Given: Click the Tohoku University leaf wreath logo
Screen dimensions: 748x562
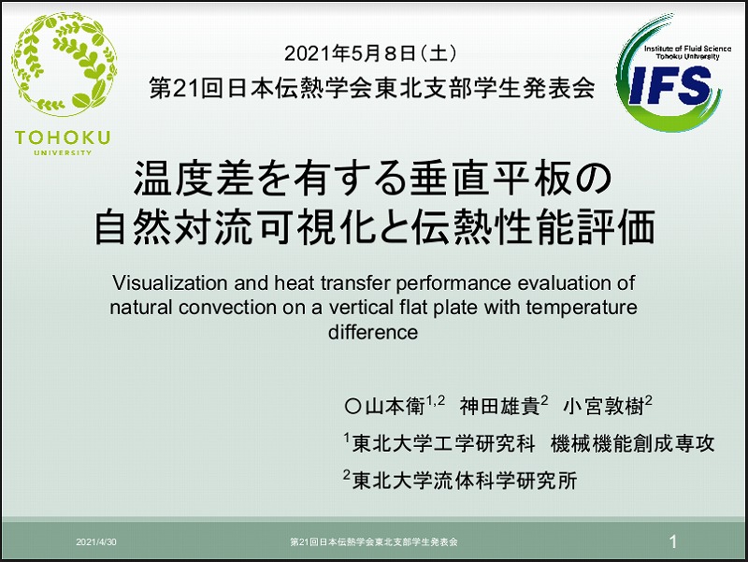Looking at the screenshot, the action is pyautogui.click(x=64, y=64).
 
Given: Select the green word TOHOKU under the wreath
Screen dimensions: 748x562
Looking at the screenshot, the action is pyautogui.click(x=63, y=137).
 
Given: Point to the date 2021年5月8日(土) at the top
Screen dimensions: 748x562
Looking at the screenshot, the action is pyautogui.click(x=370, y=53).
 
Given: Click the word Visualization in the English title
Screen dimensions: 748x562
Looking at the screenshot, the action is pyautogui.click(x=170, y=283).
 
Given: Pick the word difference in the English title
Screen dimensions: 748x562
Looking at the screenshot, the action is pyautogui.click(x=373, y=332).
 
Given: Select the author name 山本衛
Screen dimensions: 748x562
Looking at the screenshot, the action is pyautogui.click(x=395, y=407).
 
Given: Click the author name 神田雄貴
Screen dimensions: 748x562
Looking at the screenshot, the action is pyautogui.click(x=499, y=407).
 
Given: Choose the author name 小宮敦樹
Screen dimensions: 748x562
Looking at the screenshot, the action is pyautogui.click(x=603, y=407).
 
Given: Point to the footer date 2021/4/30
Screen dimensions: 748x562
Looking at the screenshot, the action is pyautogui.click(x=96, y=542).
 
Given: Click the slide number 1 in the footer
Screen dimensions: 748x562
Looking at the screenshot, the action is pyautogui.click(x=673, y=541).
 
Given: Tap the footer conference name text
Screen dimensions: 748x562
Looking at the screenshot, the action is pyautogui.click(x=374, y=542).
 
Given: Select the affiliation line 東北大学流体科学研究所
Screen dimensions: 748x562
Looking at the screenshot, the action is pyautogui.click(x=465, y=481).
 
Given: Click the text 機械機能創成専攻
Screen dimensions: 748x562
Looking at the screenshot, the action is pyautogui.click(x=633, y=443).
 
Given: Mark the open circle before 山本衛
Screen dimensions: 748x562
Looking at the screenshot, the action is pyautogui.click(x=352, y=407).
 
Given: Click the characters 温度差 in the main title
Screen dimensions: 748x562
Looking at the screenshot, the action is pyautogui.click(x=194, y=179).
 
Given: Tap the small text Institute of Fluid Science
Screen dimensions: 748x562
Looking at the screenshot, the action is pyautogui.click(x=687, y=49).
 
